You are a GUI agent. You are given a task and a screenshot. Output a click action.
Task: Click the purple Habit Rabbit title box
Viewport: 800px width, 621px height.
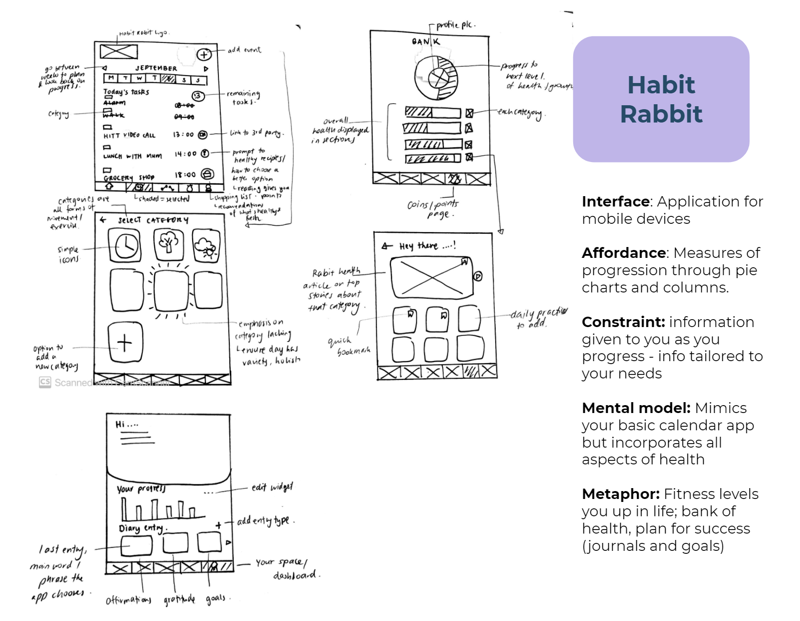tap(661, 99)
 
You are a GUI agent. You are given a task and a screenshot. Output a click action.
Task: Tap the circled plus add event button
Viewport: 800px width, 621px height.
tap(204, 54)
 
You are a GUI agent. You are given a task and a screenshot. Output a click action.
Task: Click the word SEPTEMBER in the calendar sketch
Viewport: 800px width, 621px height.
tap(156, 68)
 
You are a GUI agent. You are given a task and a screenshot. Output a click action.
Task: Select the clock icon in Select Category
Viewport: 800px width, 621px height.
tap(126, 246)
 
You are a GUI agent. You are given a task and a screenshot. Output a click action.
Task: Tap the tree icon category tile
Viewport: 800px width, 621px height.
tap(168, 244)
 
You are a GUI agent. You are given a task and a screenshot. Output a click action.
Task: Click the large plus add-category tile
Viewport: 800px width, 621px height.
tap(125, 342)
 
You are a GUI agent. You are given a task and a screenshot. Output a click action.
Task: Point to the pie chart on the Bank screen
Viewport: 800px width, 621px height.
tap(436, 78)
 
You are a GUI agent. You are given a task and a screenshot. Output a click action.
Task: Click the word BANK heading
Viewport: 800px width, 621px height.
tap(425, 42)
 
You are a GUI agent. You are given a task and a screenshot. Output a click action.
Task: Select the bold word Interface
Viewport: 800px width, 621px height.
tap(615, 202)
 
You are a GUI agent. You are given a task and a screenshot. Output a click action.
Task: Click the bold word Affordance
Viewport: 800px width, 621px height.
tap(624, 253)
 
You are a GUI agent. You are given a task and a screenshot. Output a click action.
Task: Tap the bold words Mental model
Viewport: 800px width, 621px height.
tap(636, 408)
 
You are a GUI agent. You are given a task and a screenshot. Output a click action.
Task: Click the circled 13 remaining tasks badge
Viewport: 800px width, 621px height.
tap(198, 96)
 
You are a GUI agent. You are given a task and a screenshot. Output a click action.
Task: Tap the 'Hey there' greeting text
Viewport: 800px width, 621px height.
tap(427, 246)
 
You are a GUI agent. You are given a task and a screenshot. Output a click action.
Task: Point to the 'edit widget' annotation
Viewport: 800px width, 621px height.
tap(272, 488)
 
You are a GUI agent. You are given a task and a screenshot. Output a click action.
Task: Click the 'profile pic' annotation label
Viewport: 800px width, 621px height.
tap(455, 25)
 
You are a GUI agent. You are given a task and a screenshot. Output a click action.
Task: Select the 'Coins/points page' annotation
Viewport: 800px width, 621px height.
tap(433, 209)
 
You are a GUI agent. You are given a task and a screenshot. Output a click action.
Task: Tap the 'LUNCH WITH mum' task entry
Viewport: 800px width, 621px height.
tap(132, 156)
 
